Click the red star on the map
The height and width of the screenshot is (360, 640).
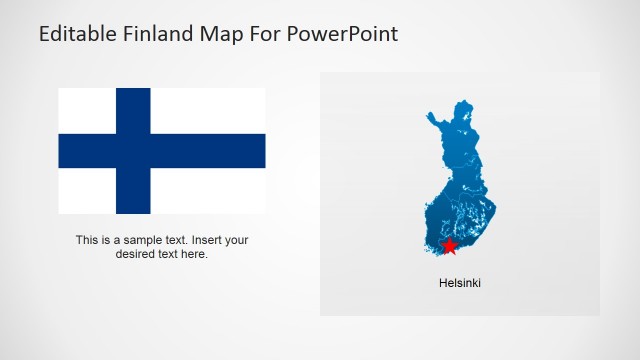pyautogui.click(x=449, y=246)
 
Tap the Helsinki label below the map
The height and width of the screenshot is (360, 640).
pyautogui.click(x=460, y=283)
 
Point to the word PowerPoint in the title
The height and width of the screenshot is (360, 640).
pyautogui.click(x=341, y=34)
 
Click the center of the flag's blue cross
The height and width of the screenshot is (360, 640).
pyautogui.click(x=133, y=151)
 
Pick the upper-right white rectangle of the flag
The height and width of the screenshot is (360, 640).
pyautogui.click(x=208, y=111)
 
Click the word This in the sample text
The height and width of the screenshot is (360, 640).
pyautogui.click(x=87, y=240)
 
